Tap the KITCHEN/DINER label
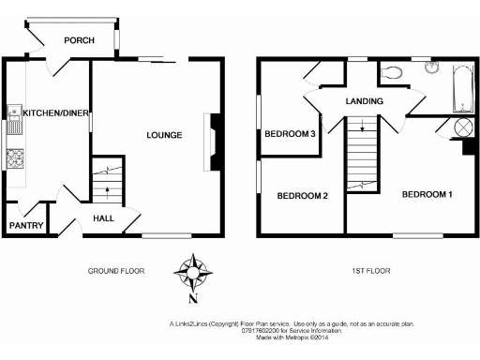(55, 113)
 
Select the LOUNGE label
(163, 135)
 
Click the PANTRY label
(26, 225)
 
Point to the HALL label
(105, 219)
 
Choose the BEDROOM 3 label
(289, 134)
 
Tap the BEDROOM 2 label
(301, 196)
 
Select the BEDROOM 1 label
(427, 195)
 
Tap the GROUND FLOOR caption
(114, 271)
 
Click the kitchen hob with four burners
(14, 158)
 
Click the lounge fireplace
(216, 142)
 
